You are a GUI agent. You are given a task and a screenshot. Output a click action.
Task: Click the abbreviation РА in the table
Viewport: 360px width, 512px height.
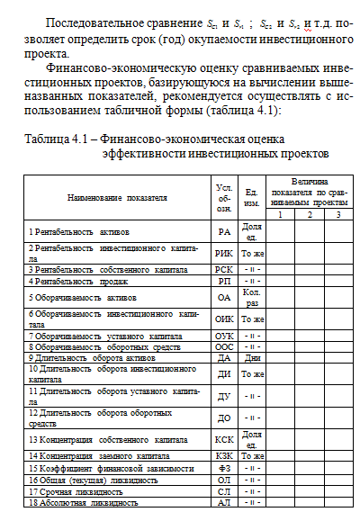click(x=224, y=232)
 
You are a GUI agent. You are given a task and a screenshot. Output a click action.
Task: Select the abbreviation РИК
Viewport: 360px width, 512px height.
click(x=224, y=254)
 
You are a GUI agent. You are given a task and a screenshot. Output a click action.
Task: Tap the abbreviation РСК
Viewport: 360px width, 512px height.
click(x=224, y=268)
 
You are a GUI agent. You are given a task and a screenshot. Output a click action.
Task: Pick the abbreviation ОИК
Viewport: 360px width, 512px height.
click(x=224, y=319)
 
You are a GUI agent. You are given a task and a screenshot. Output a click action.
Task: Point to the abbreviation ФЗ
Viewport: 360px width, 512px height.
click(x=224, y=469)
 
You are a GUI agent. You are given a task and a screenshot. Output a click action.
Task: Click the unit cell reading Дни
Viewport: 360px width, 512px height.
click(x=253, y=356)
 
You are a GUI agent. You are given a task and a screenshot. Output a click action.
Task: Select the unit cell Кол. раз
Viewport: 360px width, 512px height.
click(x=253, y=296)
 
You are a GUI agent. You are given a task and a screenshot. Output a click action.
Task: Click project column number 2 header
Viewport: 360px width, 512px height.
click(x=309, y=214)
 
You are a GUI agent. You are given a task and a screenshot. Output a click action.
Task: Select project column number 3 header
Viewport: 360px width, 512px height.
click(x=337, y=214)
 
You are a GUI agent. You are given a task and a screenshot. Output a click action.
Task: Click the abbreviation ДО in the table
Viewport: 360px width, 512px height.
click(x=224, y=418)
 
